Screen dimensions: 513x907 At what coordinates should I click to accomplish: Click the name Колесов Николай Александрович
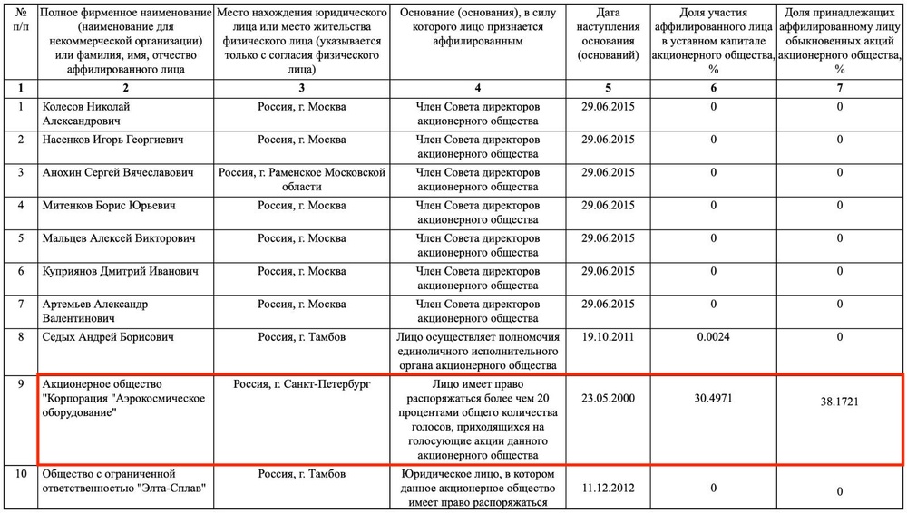click(x=87, y=114)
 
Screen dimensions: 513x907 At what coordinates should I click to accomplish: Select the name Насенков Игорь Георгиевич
click(x=114, y=140)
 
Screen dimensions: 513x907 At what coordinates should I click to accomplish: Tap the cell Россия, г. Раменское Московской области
click(x=301, y=179)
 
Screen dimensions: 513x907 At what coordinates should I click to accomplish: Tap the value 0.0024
click(x=713, y=337)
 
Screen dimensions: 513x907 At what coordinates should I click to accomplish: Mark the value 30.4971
click(x=713, y=396)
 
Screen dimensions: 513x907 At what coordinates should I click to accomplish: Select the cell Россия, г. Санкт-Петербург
click(x=301, y=384)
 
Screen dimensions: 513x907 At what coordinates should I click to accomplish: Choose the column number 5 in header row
click(x=608, y=89)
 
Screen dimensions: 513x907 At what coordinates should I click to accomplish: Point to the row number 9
click(x=20, y=384)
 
